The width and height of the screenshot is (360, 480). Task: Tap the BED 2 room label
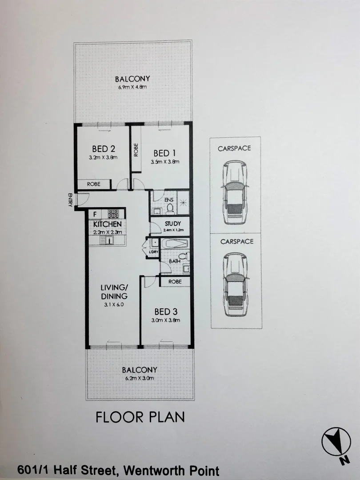click(x=104, y=149)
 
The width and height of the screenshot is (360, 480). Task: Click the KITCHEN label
click(x=107, y=224)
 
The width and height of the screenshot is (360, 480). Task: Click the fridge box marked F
click(x=95, y=214)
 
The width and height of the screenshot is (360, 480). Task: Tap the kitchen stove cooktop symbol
click(x=113, y=214)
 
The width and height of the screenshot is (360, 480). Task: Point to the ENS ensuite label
click(x=168, y=200)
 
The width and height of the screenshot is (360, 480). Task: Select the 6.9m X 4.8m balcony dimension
click(x=132, y=87)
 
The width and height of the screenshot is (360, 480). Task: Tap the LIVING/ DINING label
click(x=114, y=292)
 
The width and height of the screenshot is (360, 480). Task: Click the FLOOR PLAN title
click(x=140, y=417)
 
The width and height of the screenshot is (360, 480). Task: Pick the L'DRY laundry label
click(x=153, y=252)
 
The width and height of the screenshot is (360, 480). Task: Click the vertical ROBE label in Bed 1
click(x=136, y=149)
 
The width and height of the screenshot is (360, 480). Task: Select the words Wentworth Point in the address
click(x=172, y=470)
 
